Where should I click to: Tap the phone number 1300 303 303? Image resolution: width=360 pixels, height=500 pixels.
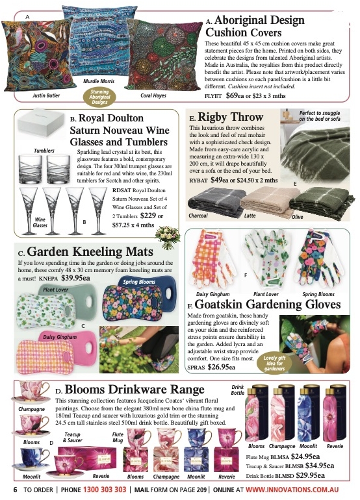coord(105,489)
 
